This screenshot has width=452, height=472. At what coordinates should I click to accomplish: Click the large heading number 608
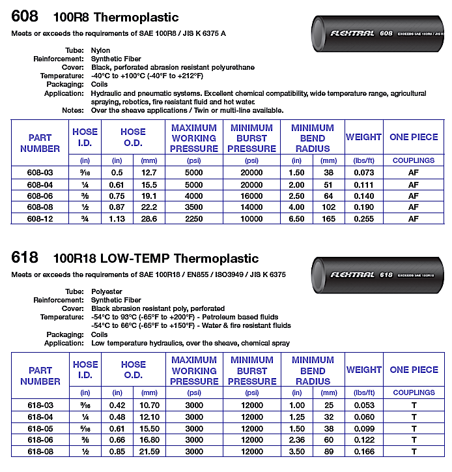click(x=25, y=16)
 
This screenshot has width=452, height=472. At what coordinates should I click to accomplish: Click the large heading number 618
click(x=25, y=258)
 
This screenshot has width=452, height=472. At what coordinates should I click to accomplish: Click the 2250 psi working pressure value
click(x=193, y=218)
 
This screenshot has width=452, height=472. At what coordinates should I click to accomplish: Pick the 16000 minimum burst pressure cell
click(x=251, y=196)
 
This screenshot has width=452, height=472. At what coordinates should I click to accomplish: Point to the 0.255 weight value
click(x=363, y=218)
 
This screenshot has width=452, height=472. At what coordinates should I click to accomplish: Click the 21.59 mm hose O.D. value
click(x=149, y=450)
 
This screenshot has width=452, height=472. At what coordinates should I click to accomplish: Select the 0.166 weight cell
click(x=363, y=450)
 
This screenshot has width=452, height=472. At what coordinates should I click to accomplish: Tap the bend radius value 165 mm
click(x=329, y=218)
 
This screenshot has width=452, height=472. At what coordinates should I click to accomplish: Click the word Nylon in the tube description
click(x=100, y=50)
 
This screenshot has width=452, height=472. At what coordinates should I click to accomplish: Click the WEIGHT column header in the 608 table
click(x=363, y=137)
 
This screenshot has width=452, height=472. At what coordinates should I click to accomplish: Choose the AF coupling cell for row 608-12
click(x=413, y=218)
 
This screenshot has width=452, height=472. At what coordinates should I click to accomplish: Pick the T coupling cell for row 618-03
click(x=413, y=405)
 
